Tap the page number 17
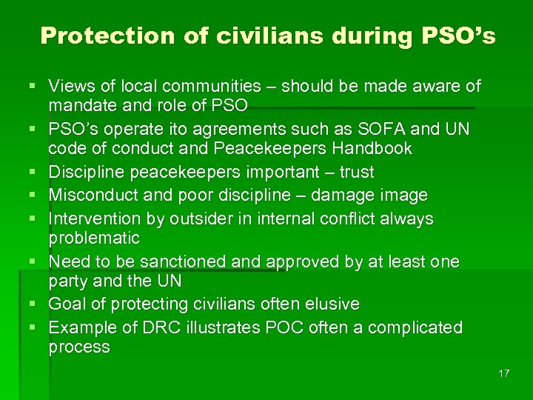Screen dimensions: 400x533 pyautogui.click(x=503, y=373)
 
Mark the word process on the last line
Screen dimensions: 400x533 pyautogui.click(x=78, y=347)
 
